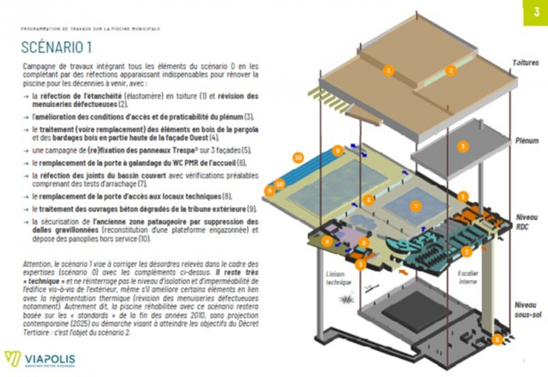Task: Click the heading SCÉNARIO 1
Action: (x=56, y=47)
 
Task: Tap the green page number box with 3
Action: (x=535, y=12)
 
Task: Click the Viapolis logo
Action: (x=40, y=359)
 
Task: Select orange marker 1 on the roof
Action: (x=388, y=71)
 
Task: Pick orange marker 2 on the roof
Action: (x=450, y=71)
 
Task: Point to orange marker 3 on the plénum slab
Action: (x=463, y=146)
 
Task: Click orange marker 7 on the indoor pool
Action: (x=415, y=206)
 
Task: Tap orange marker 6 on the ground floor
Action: (x=363, y=242)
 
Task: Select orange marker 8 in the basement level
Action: (x=497, y=339)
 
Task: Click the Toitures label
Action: (x=525, y=63)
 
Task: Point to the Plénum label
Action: (x=527, y=141)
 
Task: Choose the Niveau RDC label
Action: (x=527, y=222)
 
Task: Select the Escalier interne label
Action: (x=468, y=277)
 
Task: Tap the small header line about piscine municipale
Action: (x=91, y=29)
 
